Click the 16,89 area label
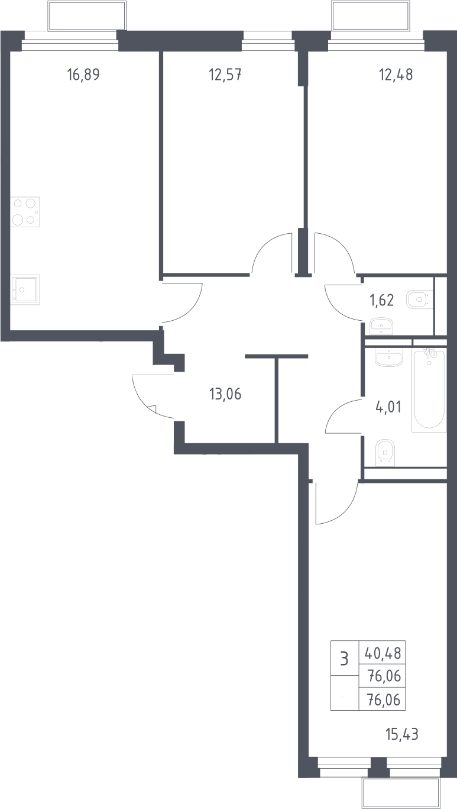(x=83, y=75)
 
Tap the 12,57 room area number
(x=225, y=75)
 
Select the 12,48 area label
(x=396, y=75)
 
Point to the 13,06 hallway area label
(x=225, y=394)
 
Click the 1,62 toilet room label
(x=381, y=301)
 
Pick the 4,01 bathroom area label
(x=388, y=407)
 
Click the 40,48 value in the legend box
(x=383, y=653)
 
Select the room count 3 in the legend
(x=345, y=659)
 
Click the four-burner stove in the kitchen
(x=25, y=212)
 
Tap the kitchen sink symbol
(x=25, y=289)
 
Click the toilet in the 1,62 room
(x=419, y=299)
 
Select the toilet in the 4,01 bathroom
(x=385, y=453)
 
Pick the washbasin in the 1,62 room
(x=381, y=326)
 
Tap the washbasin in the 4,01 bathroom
(x=388, y=357)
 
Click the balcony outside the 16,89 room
(x=87, y=16)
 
